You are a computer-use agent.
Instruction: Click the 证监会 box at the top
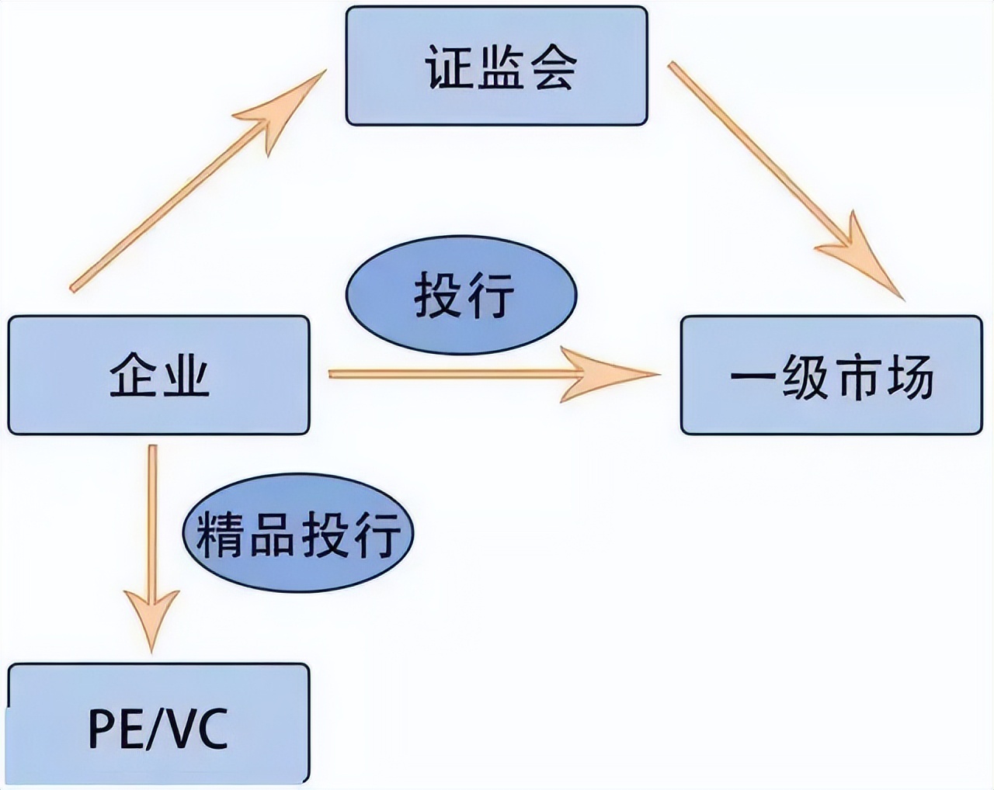496,66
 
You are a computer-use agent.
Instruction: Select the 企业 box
158,375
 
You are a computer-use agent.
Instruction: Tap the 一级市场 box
831,375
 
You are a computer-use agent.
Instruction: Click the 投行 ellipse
461,296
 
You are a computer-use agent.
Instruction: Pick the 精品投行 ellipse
298,533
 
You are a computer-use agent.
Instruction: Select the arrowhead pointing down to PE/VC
152,617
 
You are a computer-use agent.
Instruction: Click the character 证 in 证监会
450,67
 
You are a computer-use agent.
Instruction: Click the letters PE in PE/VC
112,728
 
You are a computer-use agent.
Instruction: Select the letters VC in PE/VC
200,728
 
